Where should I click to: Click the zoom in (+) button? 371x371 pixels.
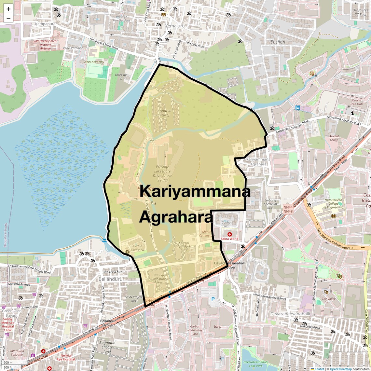coord(8,9)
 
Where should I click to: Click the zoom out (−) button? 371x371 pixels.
coord(8,18)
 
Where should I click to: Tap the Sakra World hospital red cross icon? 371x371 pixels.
coord(229,234)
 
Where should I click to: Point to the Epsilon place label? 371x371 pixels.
coord(278,42)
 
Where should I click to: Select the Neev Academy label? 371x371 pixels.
coord(94,62)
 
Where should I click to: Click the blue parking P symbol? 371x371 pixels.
coord(213,299)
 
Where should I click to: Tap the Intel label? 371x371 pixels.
coord(217,326)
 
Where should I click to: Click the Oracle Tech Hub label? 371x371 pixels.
coord(356,102)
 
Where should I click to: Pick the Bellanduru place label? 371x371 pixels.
coord(110,279)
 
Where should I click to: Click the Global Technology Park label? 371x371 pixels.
coord(195,330)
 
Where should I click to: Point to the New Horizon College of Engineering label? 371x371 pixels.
coord(334,204)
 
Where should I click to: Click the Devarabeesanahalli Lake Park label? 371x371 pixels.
coord(255,364)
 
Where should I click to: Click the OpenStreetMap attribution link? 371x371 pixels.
coord(341,369)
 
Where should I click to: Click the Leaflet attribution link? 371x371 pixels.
coord(319,369)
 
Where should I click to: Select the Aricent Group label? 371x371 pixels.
coord(334,138)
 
